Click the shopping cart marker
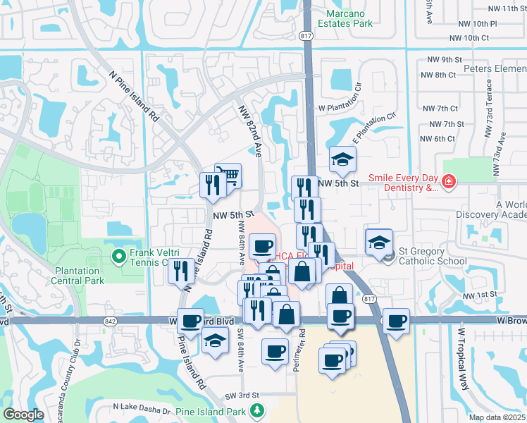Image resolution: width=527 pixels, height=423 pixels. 228,176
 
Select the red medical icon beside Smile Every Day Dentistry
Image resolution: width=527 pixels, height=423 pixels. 447,184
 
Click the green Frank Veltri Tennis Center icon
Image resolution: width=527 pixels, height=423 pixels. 119,254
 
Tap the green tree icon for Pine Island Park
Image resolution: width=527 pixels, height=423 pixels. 258,410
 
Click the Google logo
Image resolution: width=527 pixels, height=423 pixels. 23,415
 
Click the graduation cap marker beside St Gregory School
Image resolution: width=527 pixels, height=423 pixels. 378,241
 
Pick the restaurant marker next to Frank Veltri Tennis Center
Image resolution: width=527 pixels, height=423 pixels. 181,271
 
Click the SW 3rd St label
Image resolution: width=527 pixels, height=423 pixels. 242,396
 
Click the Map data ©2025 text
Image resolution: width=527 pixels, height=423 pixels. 497,417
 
